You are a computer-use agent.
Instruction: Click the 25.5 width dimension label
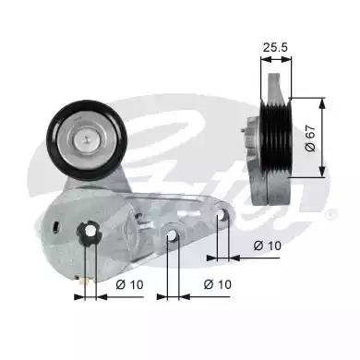(x=275, y=47)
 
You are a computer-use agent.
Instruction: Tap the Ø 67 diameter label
(x=310, y=138)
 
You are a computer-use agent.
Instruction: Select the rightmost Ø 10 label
(x=267, y=246)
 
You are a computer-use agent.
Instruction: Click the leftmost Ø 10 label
(x=129, y=284)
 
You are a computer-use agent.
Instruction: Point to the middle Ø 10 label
(x=217, y=284)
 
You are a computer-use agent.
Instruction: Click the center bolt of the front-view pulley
(x=87, y=140)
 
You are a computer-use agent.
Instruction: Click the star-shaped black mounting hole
(x=90, y=232)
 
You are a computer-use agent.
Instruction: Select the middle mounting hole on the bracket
(x=172, y=235)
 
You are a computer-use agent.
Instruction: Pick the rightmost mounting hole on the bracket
(x=222, y=215)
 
